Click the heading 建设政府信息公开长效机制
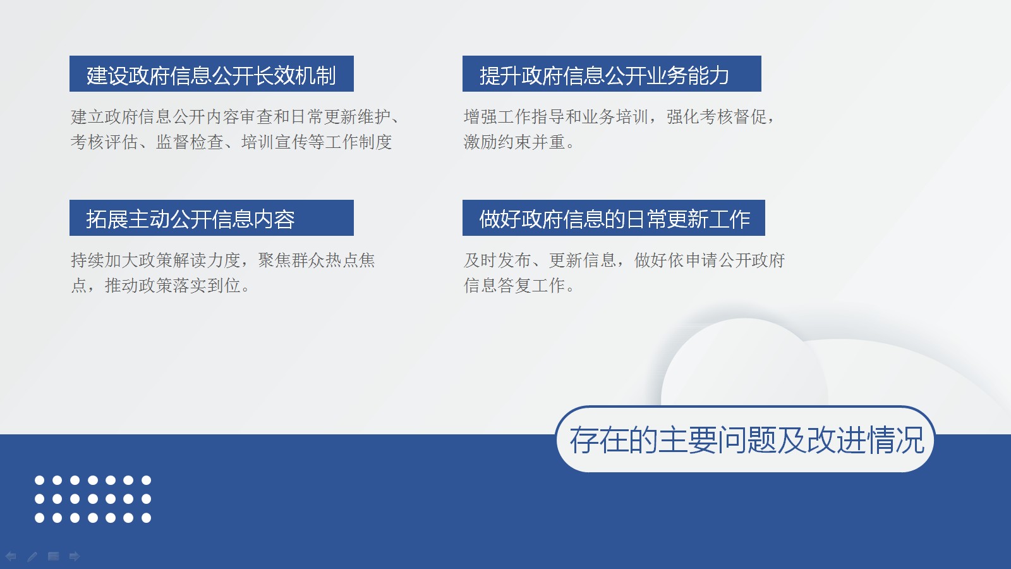click(x=211, y=75)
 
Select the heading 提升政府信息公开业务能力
click(x=604, y=75)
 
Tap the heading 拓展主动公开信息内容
click(x=190, y=219)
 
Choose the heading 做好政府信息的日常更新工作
click(x=615, y=219)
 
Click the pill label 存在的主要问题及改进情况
click(x=747, y=440)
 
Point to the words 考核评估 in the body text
click(x=104, y=142)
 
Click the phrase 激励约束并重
click(x=514, y=142)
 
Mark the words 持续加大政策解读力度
click(x=155, y=260)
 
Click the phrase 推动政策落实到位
click(x=173, y=285)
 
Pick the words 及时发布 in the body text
click(x=497, y=260)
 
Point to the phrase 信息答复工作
click(x=514, y=285)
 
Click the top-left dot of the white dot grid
click(x=40, y=480)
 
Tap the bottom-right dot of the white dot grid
click(x=146, y=518)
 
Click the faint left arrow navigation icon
click(x=11, y=556)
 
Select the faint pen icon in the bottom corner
click(x=32, y=556)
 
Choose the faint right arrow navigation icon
click(x=75, y=556)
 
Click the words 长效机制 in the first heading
click(x=294, y=75)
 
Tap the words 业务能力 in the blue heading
click(x=688, y=75)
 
